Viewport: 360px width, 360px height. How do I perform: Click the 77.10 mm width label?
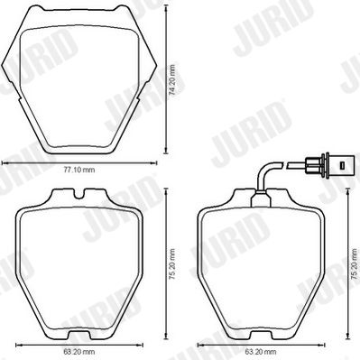tap(79, 170)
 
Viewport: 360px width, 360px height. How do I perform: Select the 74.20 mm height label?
tap(172, 80)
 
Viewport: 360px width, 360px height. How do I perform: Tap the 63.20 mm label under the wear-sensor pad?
tap(261, 351)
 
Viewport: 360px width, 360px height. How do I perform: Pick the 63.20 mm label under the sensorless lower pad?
tap(79, 351)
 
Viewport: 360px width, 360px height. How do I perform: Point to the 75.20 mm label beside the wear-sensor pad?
tap(355, 264)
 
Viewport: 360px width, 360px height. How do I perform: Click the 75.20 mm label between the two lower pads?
tap(172, 264)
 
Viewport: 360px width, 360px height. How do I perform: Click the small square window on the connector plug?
tap(341, 165)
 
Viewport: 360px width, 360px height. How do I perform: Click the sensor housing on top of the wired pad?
tap(261, 199)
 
